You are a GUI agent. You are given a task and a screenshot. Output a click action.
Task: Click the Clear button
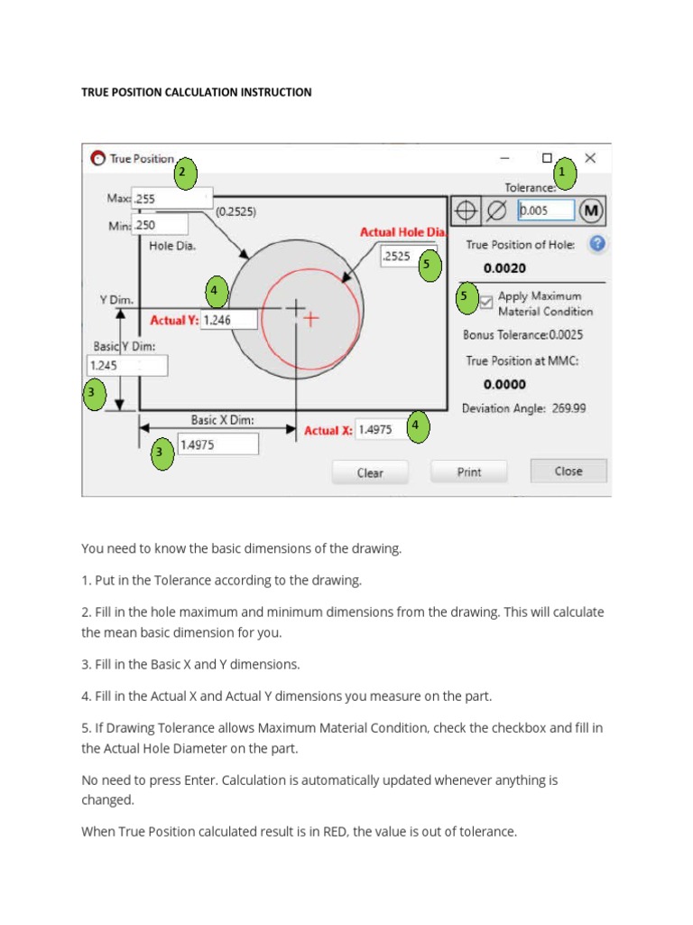pyautogui.click(x=370, y=472)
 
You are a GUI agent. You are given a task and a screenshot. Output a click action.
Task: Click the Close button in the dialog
pyautogui.click(x=568, y=471)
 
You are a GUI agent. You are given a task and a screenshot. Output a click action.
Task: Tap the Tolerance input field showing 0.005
pyautogui.click(x=546, y=210)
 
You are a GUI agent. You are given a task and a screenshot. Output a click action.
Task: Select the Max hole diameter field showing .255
pyautogui.click(x=171, y=198)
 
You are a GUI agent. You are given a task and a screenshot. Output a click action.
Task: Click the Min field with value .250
pyautogui.click(x=161, y=225)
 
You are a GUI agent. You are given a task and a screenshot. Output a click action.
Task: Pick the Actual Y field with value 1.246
pyautogui.click(x=229, y=320)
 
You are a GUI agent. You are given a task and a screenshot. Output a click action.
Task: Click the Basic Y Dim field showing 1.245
pyautogui.click(x=126, y=366)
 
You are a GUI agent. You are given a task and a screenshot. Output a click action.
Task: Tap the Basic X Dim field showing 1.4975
pyautogui.click(x=217, y=444)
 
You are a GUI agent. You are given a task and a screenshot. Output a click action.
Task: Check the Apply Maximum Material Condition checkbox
pyautogui.click(x=486, y=303)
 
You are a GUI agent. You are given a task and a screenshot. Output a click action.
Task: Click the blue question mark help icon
pyautogui.click(x=596, y=244)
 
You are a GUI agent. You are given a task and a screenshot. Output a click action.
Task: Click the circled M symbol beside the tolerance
pyautogui.click(x=591, y=211)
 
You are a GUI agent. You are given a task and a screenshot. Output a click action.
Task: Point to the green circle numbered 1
pyautogui.click(x=565, y=172)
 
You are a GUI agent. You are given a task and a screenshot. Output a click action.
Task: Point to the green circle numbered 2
pyautogui.click(x=185, y=172)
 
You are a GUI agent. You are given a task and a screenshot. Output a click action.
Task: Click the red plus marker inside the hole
pyautogui.click(x=310, y=319)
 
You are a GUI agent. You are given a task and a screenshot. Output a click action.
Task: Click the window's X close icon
pyautogui.click(x=590, y=158)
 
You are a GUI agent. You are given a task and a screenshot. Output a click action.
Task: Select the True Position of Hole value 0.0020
pyautogui.click(x=505, y=268)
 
